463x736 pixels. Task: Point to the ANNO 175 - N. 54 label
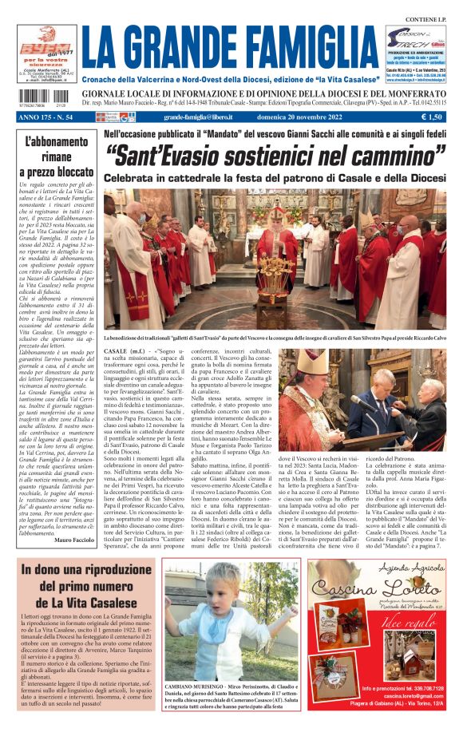pos(46,117)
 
